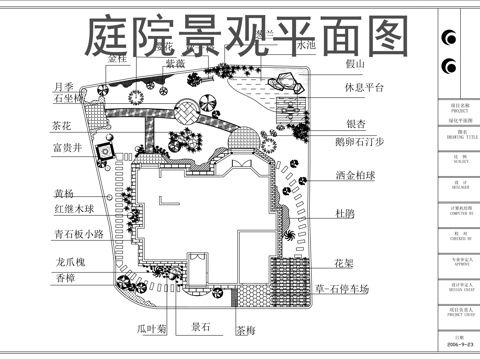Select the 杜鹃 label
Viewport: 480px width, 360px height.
click(x=346, y=213)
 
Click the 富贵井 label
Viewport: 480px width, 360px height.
click(x=69, y=148)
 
